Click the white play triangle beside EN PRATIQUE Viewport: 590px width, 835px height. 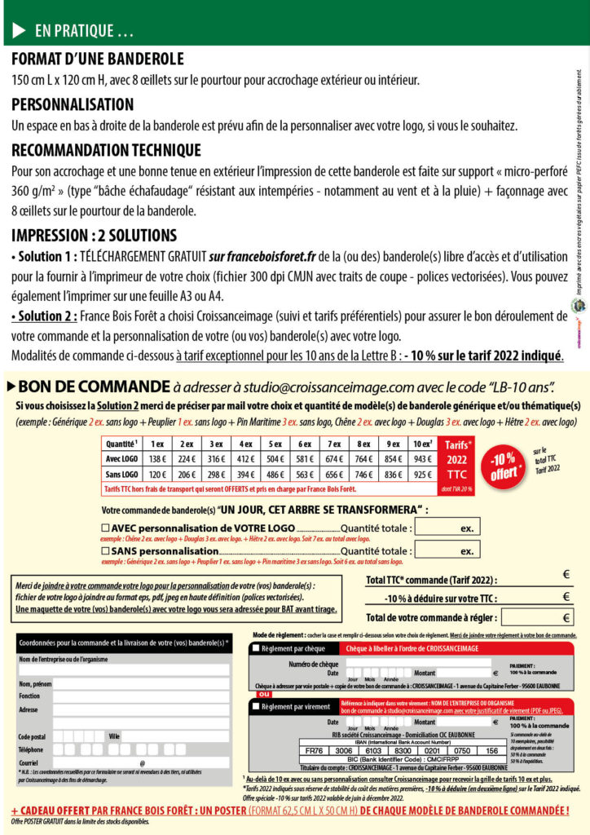pos(19,31)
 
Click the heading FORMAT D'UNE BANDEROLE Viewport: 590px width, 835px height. pos(98,60)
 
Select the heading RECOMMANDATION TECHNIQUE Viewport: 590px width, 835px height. pos(106,151)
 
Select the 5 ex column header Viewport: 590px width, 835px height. pos(276,444)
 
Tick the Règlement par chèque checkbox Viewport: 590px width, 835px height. pos(256,648)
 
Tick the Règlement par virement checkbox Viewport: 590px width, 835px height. pos(256,706)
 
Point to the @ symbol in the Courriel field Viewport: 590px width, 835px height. pos(142,763)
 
